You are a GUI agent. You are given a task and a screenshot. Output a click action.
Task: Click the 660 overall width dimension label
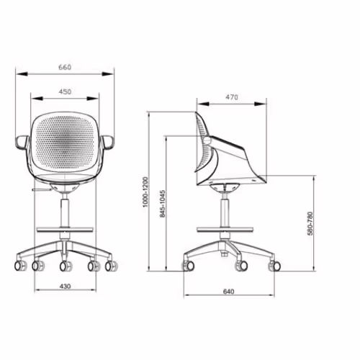[65, 67]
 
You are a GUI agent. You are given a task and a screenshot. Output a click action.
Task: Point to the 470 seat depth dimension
[232, 96]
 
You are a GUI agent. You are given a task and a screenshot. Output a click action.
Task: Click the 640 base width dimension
[230, 292]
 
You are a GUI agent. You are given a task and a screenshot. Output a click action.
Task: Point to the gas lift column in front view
[65, 212]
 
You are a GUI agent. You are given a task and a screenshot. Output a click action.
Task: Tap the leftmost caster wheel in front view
[22, 265]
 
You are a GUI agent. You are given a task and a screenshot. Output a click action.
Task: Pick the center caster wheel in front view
[66, 266]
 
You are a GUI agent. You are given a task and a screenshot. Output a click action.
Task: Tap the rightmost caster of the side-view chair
[274, 266]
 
